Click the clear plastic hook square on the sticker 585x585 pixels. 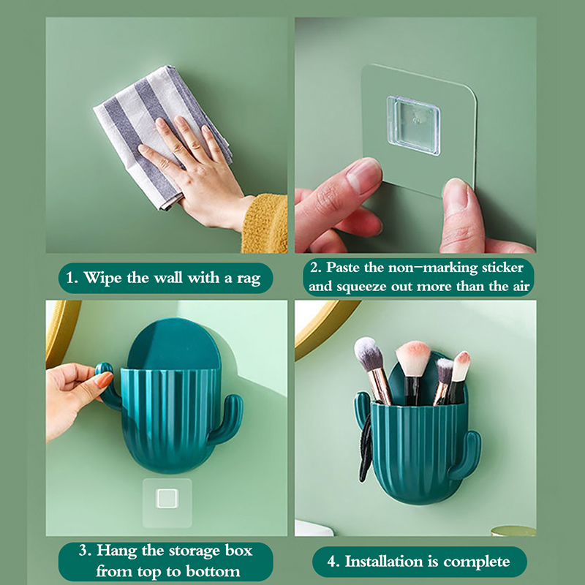413,126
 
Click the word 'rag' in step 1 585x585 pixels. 249,279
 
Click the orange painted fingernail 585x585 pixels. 105,380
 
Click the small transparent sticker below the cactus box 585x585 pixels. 167,502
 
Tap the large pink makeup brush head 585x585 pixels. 413,358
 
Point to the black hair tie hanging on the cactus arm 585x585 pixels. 366,447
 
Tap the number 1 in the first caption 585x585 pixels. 69,278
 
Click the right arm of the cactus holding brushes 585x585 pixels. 467,454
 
